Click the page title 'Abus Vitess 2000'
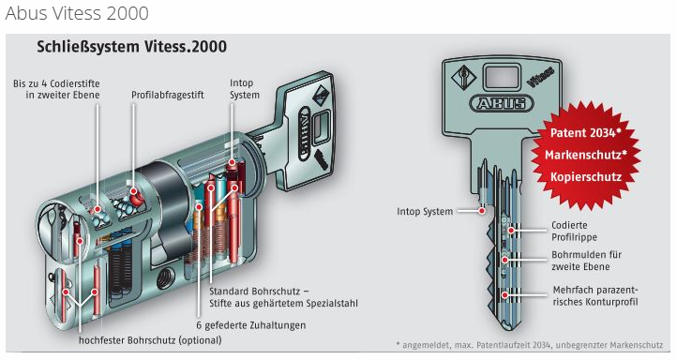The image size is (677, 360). point(77,13)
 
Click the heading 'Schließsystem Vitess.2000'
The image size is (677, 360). point(131,47)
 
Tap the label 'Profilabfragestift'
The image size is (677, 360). point(168,95)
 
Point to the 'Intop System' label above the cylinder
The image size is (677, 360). point(245,88)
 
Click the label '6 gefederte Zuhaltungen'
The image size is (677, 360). point(251,325)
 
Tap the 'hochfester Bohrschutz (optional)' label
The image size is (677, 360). point(150,340)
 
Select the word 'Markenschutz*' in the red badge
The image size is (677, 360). point(585,155)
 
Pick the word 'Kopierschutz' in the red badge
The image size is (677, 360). point(586,176)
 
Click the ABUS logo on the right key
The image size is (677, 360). point(502,104)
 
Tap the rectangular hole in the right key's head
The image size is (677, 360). point(502,78)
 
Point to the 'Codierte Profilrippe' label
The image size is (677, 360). point(574,231)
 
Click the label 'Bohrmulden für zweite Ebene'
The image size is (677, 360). point(587,261)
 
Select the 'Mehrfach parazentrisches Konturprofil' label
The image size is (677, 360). point(595,295)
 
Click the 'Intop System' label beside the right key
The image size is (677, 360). point(425,212)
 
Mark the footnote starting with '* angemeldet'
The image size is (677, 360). point(530,345)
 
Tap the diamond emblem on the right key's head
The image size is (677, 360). point(464,78)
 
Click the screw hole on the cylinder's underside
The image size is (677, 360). point(166,275)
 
